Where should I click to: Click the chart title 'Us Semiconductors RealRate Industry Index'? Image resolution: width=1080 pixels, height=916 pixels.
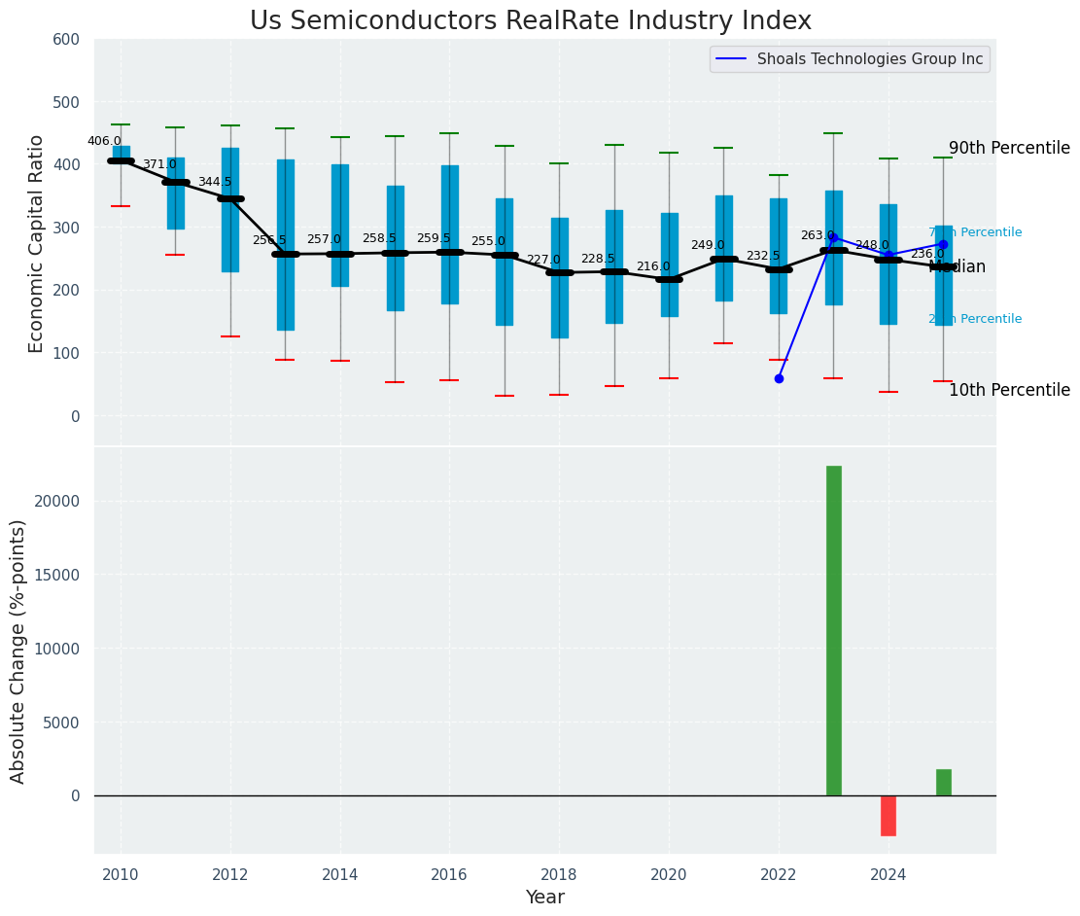530,21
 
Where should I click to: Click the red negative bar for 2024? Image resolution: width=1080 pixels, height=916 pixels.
888,815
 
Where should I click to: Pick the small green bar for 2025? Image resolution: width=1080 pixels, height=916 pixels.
943,783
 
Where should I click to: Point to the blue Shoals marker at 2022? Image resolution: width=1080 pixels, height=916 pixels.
779,378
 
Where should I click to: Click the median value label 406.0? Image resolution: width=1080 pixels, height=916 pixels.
104,141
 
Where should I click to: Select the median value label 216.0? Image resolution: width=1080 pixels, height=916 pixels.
653,266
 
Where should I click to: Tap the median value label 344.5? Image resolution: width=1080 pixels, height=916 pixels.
215,182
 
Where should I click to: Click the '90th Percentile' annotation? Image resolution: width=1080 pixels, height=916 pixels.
1009,149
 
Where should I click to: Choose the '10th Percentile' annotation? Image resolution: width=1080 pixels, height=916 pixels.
1009,390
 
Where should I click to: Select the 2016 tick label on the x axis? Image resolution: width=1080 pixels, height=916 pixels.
449,874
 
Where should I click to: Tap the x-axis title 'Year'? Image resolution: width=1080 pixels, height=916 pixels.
544,898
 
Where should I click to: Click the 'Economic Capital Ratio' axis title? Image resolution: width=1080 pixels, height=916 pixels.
37,243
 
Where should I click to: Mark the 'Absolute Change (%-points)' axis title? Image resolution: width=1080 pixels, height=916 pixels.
18,651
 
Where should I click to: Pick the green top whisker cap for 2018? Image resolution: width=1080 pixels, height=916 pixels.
559,163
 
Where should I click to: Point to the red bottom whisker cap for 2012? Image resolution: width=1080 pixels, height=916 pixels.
230,336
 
